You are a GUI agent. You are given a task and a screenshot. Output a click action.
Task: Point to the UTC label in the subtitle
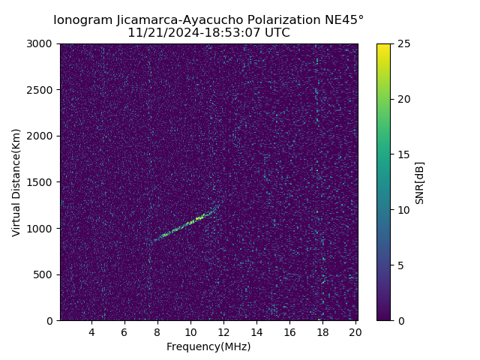coord(276,33)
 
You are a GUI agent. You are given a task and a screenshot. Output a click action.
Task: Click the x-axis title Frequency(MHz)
coord(208,346)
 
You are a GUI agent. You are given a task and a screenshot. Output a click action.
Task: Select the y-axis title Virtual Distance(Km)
coord(16,182)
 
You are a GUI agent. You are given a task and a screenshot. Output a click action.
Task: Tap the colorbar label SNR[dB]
coord(420,182)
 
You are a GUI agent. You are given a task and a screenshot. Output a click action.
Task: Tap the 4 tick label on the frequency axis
coord(91,332)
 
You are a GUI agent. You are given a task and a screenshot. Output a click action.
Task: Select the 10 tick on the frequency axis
coord(190,332)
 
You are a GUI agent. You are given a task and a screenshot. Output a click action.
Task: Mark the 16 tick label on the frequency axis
coord(289,332)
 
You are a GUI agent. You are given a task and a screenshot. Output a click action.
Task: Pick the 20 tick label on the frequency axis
coord(355,332)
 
